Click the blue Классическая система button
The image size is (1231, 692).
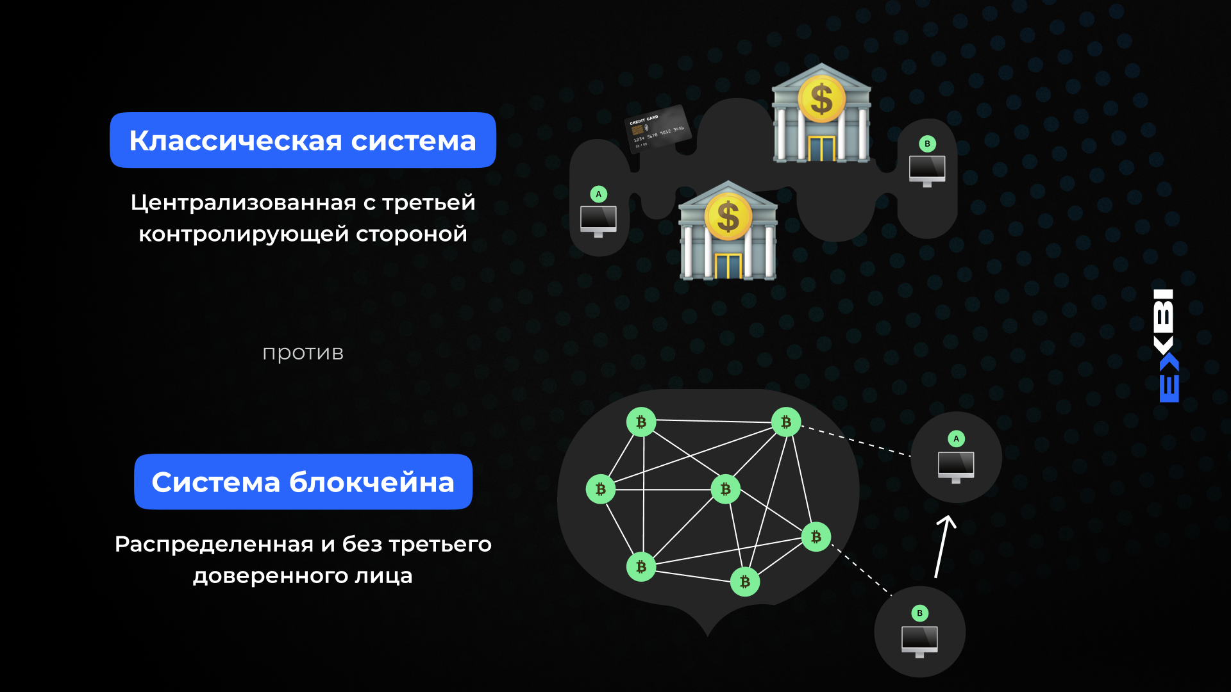(303, 140)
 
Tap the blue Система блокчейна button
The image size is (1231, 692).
(303, 482)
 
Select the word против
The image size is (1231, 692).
(303, 353)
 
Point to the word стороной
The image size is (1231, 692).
(411, 235)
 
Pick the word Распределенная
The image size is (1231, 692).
(214, 544)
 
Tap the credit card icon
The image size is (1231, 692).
(657, 129)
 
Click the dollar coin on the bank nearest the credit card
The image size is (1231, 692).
(821, 99)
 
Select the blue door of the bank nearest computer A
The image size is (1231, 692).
(728, 265)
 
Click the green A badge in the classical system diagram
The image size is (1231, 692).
(599, 194)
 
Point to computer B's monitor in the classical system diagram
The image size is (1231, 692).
(927, 169)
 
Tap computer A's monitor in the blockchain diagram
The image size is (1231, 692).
(956, 464)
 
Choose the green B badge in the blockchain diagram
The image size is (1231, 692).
(919, 613)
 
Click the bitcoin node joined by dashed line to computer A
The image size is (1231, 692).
(786, 422)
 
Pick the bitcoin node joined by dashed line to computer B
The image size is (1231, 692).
(816, 537)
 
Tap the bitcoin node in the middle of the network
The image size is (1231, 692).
(725, 490)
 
